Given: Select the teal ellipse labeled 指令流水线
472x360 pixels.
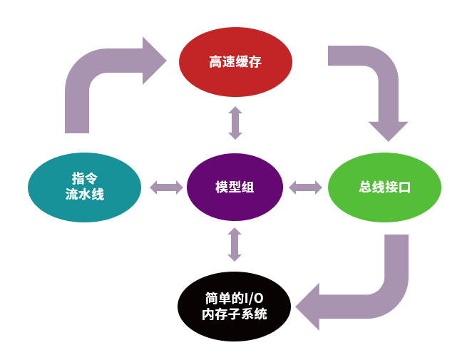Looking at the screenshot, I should [84, 187].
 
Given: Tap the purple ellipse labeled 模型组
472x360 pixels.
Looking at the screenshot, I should [235, 187].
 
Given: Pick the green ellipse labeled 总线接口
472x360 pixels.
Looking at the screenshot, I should [384, 187].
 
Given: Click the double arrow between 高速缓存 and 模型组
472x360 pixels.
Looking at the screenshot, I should [235, 122].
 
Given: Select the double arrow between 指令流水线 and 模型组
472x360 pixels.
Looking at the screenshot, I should [167, 187].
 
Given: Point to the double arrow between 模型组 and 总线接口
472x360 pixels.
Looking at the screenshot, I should [306, 187].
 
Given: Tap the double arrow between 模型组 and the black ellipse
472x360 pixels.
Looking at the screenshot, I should [235, 245].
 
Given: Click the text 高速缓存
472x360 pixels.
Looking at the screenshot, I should [235, 62].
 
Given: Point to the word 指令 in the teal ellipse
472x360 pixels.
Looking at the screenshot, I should [84, 178].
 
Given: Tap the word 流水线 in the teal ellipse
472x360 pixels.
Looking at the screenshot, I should [84, 195].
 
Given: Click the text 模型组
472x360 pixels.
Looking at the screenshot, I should [235, 187].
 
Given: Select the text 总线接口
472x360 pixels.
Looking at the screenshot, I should [384, 187].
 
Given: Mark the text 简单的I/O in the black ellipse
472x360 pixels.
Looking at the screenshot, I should [235, 298].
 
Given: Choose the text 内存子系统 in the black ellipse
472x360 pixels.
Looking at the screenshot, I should [235, 314].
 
